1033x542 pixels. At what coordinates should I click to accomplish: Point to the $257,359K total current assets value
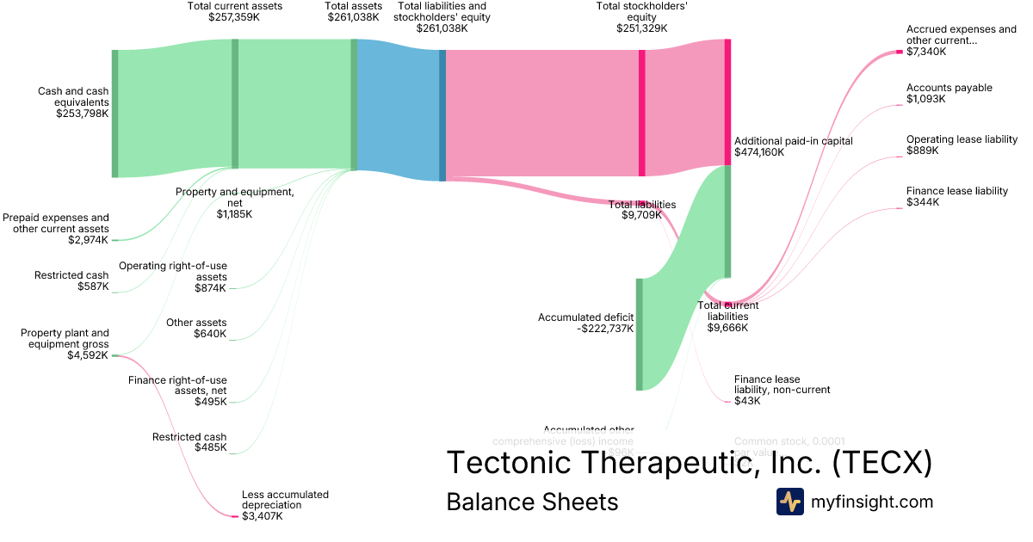235,16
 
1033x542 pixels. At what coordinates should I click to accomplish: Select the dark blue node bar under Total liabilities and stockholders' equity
442,115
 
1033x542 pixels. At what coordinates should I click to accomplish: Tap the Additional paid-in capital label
793,141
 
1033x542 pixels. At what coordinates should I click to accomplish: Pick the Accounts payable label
949,88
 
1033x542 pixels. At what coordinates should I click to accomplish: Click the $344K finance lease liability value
923,202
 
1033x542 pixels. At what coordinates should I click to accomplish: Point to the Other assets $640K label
196,328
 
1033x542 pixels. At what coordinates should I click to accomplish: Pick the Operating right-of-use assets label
173,271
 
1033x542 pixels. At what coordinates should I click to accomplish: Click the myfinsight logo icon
789,502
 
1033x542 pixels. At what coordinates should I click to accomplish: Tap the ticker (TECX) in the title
881,463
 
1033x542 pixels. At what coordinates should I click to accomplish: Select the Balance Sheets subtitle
532,502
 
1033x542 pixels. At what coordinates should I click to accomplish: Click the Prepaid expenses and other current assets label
56,223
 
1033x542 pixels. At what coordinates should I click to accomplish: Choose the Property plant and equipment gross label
65,338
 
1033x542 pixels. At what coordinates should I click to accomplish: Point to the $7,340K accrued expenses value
925,52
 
